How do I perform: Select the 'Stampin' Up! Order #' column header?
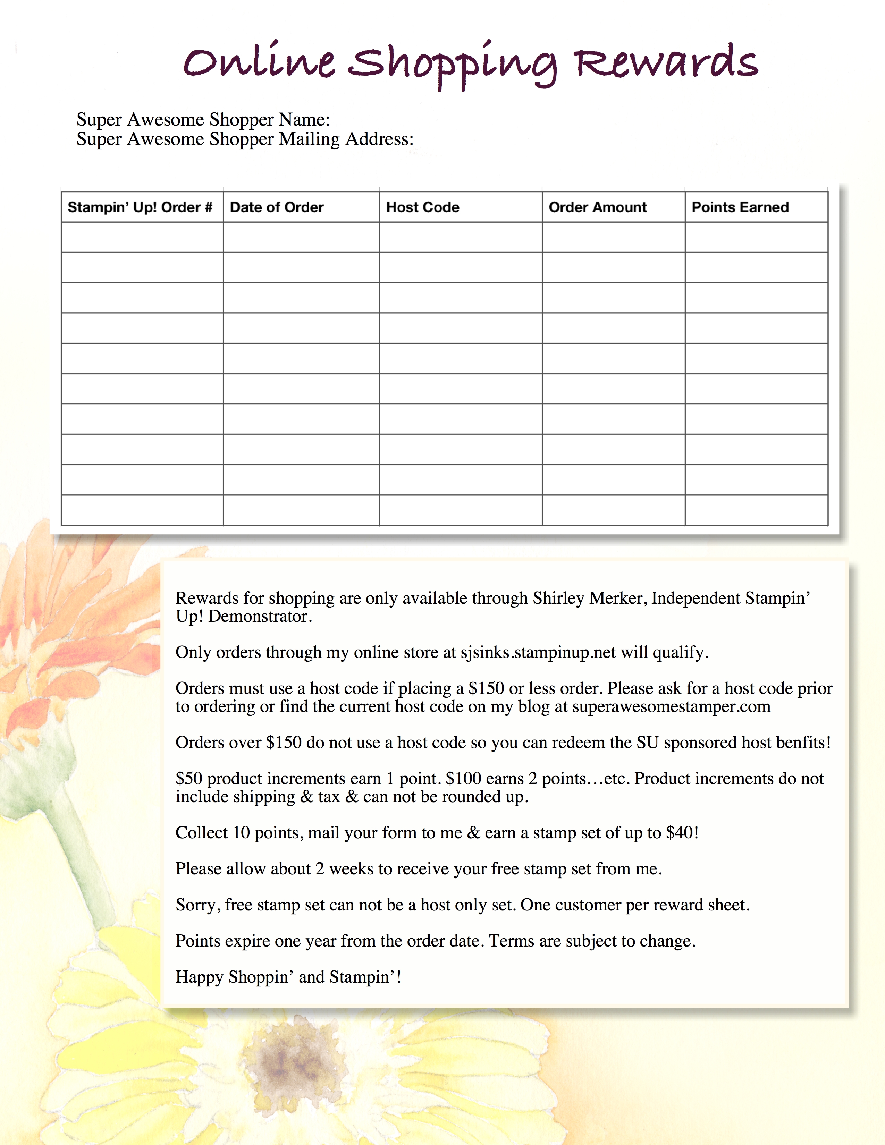(x=140, y=207)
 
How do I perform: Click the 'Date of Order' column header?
(x=277, y=207)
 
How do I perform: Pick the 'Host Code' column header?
(x=423, y=207)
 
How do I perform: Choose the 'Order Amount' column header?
(x=598, y=207)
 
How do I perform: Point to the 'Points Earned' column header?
(x=740, y=207)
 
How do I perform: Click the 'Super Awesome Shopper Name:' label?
(x=203, y=120)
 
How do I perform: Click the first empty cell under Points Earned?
(x=756, y=237)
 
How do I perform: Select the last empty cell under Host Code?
(x=460, y=510)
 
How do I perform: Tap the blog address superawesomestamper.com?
(x=671, y=707)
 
